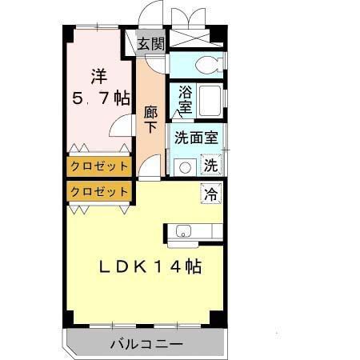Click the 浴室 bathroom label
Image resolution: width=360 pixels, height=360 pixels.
(x=185, y=98)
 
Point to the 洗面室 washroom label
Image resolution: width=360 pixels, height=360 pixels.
(x=196, y=136)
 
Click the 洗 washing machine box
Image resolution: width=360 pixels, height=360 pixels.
(x=210, y=166)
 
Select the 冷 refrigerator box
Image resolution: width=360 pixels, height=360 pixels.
(x=210, y=192)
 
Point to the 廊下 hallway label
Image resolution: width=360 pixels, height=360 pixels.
(x=150, y=120)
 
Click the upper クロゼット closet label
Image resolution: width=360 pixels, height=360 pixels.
(x=98, y=166)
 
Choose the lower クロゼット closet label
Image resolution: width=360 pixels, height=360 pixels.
(x=98, y=192)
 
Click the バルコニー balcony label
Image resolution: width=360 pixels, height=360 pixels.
(x=146, y=345)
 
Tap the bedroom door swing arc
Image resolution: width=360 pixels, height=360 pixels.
(x=122, y=126)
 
